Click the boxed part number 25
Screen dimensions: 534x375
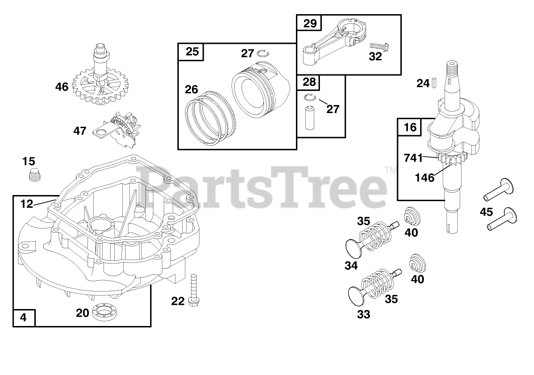click(191, 51)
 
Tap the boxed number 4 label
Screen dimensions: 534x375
click(24, 317)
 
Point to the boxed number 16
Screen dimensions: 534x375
click(410, 127)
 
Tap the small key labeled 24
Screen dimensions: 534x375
click(435, 83)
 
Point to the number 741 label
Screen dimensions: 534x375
click(413, 158)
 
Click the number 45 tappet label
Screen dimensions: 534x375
click(486, 212)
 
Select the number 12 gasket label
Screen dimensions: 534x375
click(27, 204)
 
